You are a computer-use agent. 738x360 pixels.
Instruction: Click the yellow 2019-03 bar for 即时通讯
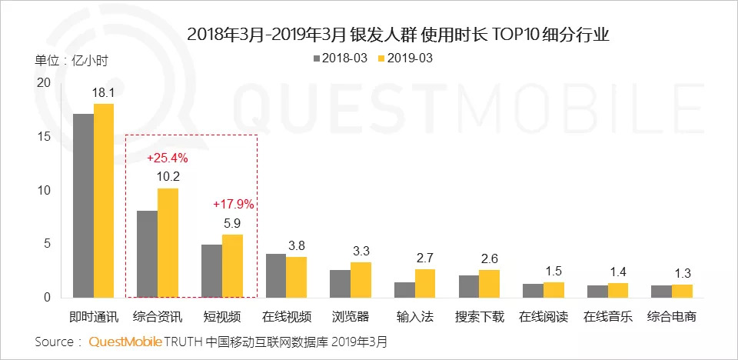[103, 201]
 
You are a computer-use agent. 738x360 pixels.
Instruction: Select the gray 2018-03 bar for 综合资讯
[147, 254]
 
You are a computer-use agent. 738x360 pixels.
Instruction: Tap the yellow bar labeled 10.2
[168, 243]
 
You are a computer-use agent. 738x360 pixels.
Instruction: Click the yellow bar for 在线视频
[296, 277]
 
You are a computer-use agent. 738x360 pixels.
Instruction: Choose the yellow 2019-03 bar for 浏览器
[361, 280]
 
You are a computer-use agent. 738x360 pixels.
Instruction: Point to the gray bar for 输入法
[404, 290]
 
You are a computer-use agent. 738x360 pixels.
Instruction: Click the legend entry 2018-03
[338, 58]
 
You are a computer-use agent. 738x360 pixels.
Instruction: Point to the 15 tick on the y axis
[44, 137]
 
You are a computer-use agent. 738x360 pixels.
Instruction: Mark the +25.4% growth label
[167, 159]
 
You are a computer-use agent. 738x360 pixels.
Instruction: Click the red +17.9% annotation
[232, 205]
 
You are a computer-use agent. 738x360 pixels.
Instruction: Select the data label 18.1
[103, 92]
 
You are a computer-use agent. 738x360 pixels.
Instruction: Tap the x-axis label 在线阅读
[543, 317]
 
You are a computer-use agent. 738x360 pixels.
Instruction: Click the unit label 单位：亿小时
[71, 62]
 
